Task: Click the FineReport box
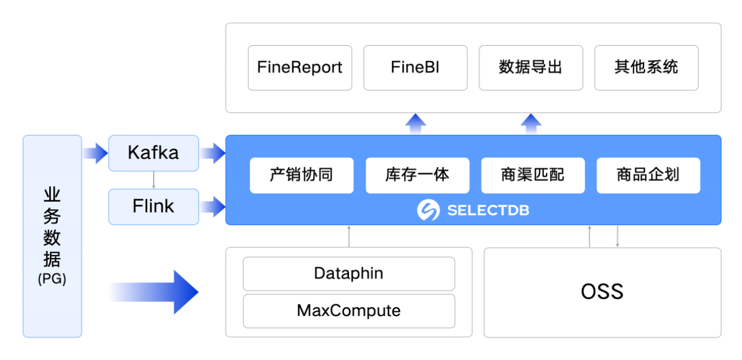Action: [x=300, y=68]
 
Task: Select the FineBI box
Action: [x=415, y=68]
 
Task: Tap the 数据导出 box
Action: [x=530, y=68]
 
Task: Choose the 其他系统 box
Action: [x=646, y=68]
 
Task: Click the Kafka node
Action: [x=154, y=153]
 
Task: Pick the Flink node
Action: [x=154, y=206]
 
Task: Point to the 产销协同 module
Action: [x=301, y=175]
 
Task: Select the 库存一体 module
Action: [x=417, y=175]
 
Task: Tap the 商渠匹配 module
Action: [x=533, y=175]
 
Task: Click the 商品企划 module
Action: [x=648, y=175]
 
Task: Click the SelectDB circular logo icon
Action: [x=428, y=210]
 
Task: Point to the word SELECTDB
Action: [x=488, y=210]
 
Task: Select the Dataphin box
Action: [x=348, y=274]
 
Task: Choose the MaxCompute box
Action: [x=348, y=311]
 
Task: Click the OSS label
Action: [x=602, y=292]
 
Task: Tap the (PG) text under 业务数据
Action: [x=52, y=279]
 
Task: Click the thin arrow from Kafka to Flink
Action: [x=154, y=180]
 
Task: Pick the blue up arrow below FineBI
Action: [x=415, y=123]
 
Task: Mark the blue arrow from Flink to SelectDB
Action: [x=212, y=206]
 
